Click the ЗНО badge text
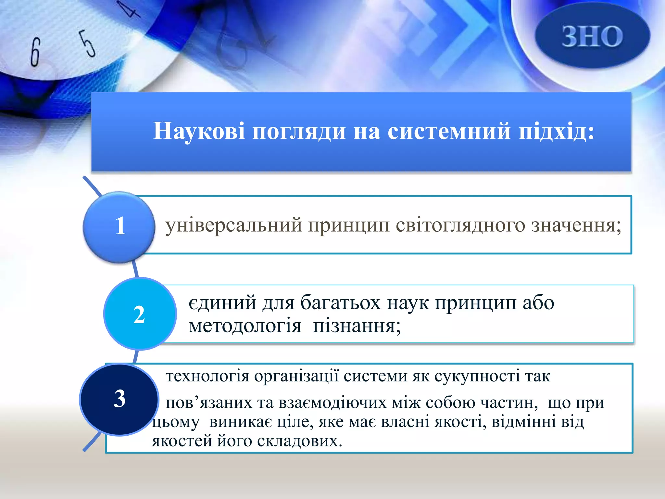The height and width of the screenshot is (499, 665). click(x=592, y=36)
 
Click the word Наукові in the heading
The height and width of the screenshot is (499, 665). click(x=199, y=131)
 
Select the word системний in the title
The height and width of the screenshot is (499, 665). click(x=449, y=131)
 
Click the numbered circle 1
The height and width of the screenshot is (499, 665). click(x=119, y=226)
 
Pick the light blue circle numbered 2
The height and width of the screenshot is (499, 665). click(x=140, y=314)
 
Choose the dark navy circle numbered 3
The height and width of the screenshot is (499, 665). click(x=119, y=399)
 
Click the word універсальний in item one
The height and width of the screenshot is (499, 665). click(x=233, y=225)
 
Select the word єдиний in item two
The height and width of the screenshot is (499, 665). click(x=222, y=303)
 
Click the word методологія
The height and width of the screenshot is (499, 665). click(x=245, y=326)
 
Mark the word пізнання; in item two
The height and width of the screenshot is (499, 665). click(x=357, y=326)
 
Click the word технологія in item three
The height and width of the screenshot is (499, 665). click(x=207, y=377)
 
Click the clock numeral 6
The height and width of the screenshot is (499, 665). click(x=35, y=52)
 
